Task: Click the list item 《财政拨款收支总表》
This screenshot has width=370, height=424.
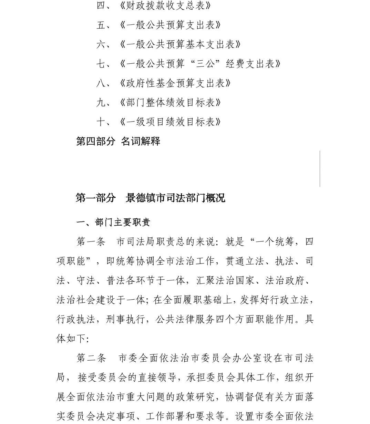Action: [x=165, y=6]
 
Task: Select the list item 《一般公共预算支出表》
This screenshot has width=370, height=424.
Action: [x=170, y=25]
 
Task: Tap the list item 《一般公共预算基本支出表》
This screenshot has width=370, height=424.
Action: [x=180, y=44]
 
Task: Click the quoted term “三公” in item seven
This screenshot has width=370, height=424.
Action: [x=206, y=64]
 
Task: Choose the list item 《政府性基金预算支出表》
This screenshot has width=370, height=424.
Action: [x=175, y=83]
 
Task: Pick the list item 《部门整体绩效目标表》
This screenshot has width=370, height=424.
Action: [x=170, y=102]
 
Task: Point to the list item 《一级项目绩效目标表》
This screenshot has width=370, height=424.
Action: [x=170, y=122]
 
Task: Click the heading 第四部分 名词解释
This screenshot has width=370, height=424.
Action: [x=118, y=141]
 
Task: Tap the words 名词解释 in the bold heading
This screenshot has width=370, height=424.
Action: [x=141, y=141]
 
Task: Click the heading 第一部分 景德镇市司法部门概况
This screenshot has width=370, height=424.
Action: [x=150, y=198]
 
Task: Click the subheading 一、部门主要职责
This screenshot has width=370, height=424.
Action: [x=113, y=223]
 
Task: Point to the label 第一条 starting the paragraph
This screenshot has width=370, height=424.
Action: [x=91, y=242]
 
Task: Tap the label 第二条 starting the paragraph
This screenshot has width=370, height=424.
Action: [x=91, y=358]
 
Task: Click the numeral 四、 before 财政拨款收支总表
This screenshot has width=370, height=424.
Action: [x=103, y=6]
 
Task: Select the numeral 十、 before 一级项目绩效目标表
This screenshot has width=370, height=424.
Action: [x=103, y=122]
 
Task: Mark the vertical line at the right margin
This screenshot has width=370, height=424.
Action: [x=320, y=169]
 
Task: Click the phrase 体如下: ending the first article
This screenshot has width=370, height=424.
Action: [x=73, y=339]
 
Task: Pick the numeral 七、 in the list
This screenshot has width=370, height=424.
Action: [x=103, y=64]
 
